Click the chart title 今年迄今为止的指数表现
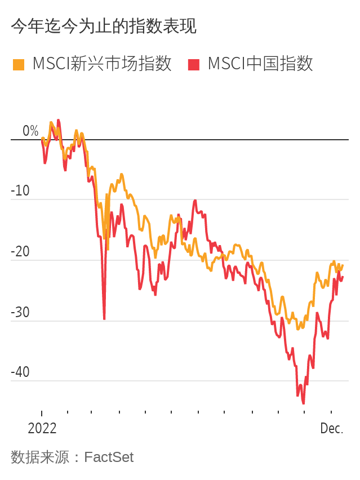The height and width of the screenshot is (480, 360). point(104,26)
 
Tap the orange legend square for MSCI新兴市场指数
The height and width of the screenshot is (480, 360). point(19,64)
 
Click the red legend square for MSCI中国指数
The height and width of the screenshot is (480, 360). point(194,64)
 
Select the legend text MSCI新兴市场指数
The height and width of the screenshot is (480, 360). point(102,64)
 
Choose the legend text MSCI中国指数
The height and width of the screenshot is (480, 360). point(260,64)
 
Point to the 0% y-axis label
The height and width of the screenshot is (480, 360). point(30,131)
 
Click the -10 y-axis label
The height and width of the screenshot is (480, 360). point(21,191)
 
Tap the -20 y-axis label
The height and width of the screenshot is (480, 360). point(21,252)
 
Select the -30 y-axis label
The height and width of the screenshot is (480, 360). point(21,313)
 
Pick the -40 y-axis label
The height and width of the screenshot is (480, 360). point(21,372)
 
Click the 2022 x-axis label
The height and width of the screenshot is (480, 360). point(42,428)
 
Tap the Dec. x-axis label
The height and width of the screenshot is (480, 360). point(331,428)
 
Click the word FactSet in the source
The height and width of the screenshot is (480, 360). point(109,457)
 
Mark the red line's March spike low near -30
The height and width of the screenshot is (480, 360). point(104,319)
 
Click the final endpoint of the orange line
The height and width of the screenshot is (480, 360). point(343,265)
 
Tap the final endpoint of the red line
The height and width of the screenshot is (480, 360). point(343,277)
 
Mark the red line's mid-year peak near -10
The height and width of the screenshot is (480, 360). point(195,200)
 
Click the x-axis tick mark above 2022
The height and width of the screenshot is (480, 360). point(42,413)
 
